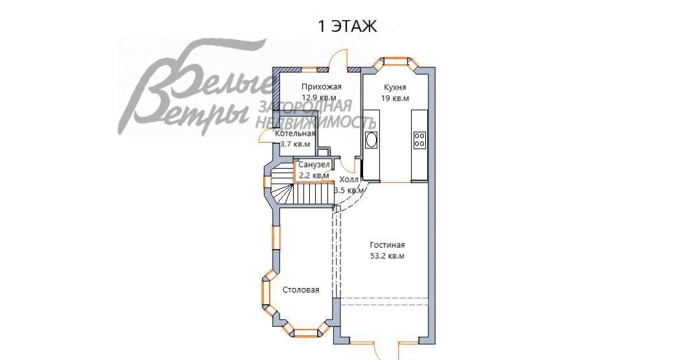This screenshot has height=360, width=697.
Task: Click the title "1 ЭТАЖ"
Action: pyautogui.click(x=347, y=26)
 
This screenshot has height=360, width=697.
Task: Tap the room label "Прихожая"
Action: pyautogui.click(x=322, y=87)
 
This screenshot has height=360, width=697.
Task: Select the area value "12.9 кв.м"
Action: pyautogui.click(x=319, y=97)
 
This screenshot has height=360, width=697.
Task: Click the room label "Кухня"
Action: pyautogui.click(x=395, y=88)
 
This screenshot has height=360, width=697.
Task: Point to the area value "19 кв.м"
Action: pyautogui.click(x=395, y=98)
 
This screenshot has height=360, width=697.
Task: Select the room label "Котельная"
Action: pyautogui.click(x=295, y=134)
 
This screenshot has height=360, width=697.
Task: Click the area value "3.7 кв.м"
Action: pyautogui.click(x=295, y=144)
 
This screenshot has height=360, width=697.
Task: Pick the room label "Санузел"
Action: pyautogui.click(x=314, y=165)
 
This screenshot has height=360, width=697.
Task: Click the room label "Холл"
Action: pyautogui.click(x=349, y=180)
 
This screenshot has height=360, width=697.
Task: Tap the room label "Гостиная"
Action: pyautogui.click(x=387, y=245)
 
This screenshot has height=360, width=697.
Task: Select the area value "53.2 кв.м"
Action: pyautogui.click(x=387, y=256)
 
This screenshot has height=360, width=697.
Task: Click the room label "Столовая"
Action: pyautogui.click(x=301, y=290)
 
